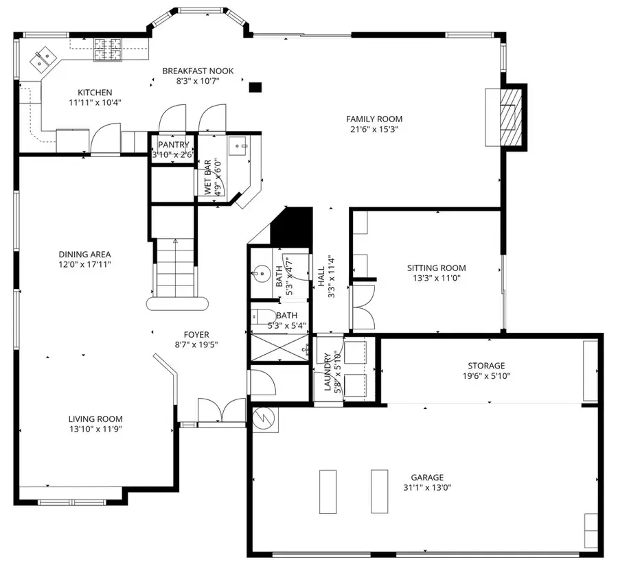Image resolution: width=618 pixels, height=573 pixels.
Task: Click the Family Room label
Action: [374, 119]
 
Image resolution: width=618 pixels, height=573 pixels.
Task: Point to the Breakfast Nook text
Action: [198, 71]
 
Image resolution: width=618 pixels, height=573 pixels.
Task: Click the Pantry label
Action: [173, 145]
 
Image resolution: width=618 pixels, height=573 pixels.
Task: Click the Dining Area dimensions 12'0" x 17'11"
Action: [84, 264]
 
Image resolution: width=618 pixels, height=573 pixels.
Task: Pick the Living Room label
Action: [95, 419]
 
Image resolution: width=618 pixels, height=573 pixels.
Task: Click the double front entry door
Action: [221, 412]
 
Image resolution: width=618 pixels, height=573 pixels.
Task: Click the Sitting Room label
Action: [436, 268]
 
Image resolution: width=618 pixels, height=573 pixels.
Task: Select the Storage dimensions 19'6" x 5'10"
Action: [486, 375]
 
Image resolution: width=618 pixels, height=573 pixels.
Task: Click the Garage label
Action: [427, 478]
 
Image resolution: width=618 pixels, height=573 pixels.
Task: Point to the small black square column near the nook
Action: [255, 87]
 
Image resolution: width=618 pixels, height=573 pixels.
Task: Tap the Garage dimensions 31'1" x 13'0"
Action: [427, 488]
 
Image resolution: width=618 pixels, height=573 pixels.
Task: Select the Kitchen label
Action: [95, 93]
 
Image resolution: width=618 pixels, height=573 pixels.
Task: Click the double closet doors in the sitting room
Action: [363, 305]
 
